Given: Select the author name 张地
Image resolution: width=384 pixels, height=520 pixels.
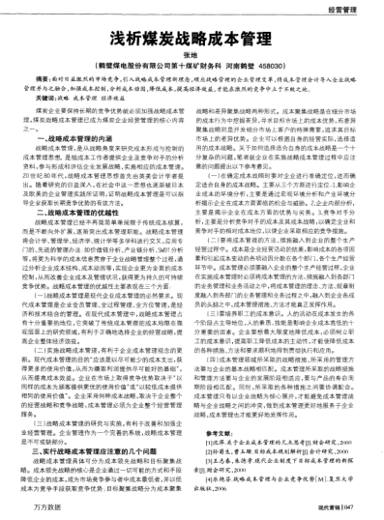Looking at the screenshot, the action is [x=192, y=61].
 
